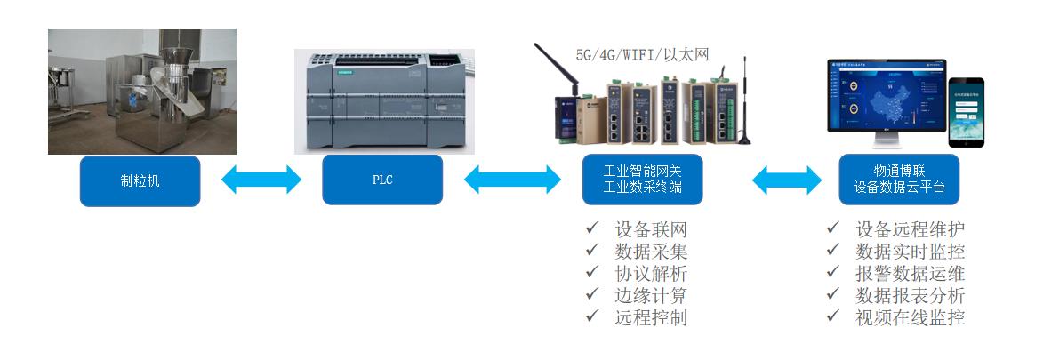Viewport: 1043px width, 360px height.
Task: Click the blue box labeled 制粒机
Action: [140, 180]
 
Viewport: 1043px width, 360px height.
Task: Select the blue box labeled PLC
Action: [382, 180]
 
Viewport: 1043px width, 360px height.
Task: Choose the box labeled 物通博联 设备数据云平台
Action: [899, 180]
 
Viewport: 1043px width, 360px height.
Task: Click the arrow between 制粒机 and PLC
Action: [261, 180]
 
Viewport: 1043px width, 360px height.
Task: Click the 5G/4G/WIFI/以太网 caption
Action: [642, 53]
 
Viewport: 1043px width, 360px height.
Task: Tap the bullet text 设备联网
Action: [651, 230]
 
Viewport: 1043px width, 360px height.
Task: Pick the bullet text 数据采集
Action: [651, 252]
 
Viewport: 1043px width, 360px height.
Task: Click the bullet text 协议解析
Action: [651, 274]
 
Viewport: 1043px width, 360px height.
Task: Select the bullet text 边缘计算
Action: [651, 295]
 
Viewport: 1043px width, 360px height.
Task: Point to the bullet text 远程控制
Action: [651, 317]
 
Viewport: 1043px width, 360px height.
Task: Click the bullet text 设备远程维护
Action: [910, 230]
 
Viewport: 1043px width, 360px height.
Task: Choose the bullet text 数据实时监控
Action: [910, 252]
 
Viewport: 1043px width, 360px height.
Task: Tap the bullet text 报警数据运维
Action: [910, 274]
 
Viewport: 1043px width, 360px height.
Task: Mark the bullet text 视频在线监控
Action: [910, 317]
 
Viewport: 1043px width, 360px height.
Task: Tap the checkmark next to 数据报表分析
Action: [833, 295]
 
